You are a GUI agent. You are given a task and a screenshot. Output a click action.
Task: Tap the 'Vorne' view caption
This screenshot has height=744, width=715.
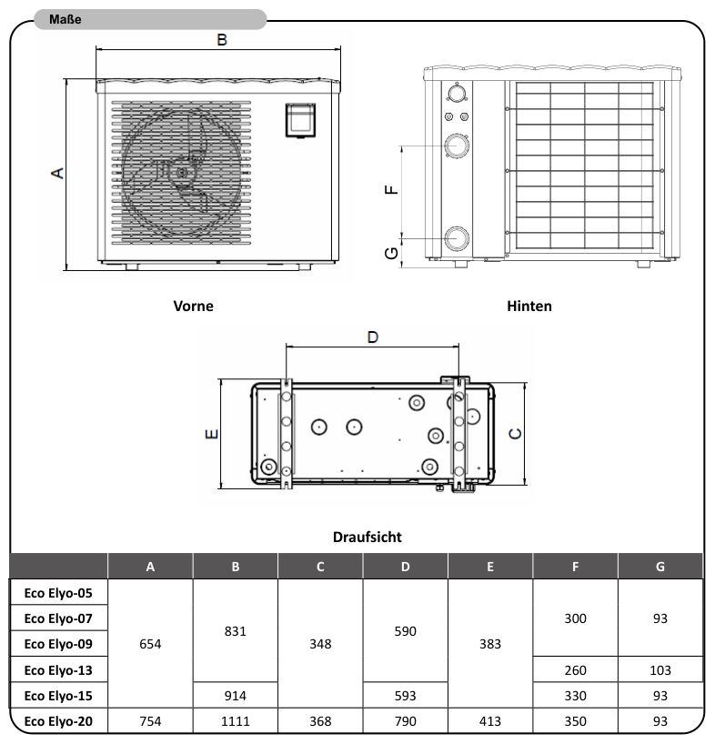193,307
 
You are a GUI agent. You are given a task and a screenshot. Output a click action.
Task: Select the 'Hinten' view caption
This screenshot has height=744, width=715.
529,307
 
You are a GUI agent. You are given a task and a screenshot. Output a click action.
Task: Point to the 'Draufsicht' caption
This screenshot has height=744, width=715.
367,538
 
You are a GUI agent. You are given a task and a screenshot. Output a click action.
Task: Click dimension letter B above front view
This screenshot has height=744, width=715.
221,39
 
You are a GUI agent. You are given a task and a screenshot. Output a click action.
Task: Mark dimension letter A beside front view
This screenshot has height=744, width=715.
56,173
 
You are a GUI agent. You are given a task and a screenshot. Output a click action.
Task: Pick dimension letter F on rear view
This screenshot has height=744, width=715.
392,188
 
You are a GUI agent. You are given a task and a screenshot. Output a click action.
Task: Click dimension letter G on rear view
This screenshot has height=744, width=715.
392,252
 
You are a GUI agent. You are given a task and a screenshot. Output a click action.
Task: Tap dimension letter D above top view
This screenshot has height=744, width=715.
372,337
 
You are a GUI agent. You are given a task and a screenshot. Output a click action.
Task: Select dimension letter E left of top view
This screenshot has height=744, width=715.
210,435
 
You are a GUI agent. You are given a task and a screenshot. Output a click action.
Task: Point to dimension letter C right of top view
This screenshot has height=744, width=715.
515,434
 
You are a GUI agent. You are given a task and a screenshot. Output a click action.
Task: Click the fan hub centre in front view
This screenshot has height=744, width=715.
182,171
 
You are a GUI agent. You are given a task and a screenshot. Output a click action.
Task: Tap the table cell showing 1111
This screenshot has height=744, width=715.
236,721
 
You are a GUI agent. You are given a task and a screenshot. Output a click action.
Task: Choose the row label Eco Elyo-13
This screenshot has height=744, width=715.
58,670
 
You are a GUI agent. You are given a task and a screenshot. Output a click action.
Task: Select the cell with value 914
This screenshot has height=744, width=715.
236,696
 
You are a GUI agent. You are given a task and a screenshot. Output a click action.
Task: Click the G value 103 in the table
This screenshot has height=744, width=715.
660,670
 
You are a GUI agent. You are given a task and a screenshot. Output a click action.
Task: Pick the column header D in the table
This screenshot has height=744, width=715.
405,567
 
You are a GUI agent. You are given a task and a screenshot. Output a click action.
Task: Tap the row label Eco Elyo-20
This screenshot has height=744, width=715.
58,721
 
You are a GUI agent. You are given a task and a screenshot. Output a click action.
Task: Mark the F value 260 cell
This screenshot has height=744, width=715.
575,670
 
